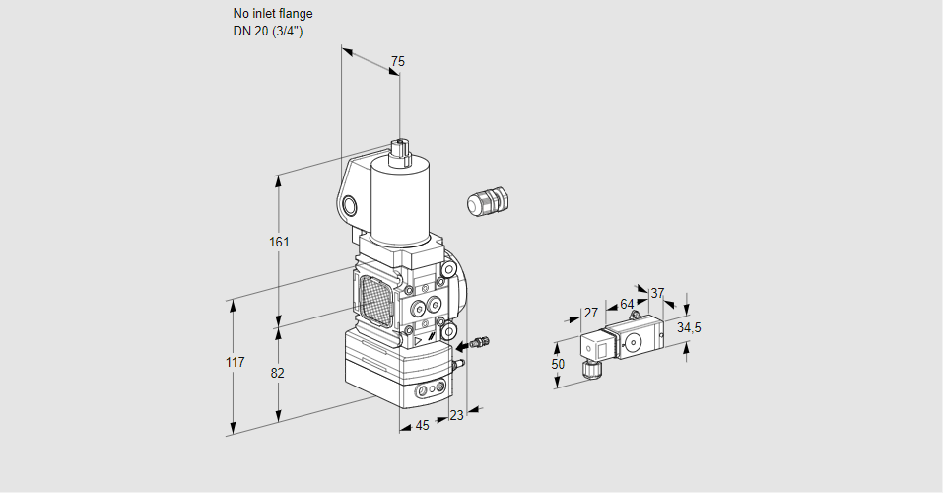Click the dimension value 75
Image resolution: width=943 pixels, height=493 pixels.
(397, 62)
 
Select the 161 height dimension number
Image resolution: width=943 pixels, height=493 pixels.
(280, 242)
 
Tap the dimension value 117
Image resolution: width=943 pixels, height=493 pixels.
(234, 363)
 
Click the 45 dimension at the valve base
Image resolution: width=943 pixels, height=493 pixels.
(422, 426)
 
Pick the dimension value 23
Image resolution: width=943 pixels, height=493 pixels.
(455, 415)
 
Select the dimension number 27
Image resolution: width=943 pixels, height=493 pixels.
(591, 313)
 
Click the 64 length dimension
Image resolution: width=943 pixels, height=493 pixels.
(627, 304)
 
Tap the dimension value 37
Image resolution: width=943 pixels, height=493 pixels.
(657, 293)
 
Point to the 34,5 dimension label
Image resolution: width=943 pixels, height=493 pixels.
(689, 327)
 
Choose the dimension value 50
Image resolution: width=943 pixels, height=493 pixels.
(558, 364)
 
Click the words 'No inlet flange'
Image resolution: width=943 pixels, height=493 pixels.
(272, 14)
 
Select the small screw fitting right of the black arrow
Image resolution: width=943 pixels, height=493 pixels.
(480, 343)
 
